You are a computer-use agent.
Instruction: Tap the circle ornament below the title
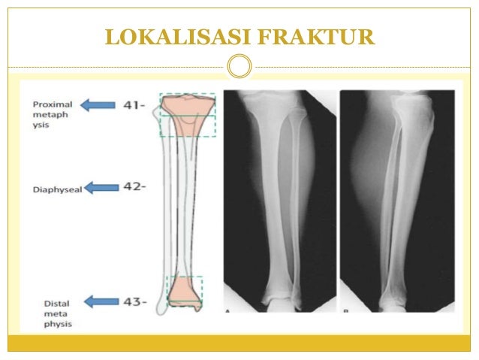pos(239,66)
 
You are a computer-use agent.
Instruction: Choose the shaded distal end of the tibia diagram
pos(185,289)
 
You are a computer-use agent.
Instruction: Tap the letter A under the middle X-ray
pos(227,310)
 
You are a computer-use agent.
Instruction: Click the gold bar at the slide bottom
pos(239,343)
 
